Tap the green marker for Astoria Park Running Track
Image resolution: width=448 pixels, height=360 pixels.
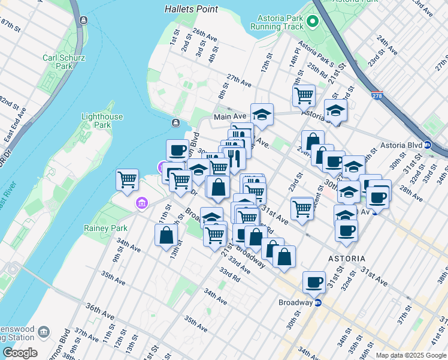click(x=312, y=22)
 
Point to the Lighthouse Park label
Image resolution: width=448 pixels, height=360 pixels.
click(x=102, y=121)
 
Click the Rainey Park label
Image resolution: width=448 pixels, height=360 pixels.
click(x=114, y=228)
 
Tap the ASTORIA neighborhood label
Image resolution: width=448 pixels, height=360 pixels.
click(x=347, y=258)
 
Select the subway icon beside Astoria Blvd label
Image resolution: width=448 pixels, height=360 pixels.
click(x=428, y=145)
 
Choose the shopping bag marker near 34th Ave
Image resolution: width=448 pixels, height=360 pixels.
click(x=167, y=235)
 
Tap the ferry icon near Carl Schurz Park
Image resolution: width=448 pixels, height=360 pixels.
click(x=83, y=21)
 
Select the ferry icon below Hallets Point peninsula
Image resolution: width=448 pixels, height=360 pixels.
click(x=175, y=123)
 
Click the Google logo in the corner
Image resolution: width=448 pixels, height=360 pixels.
click(x=20, y=353)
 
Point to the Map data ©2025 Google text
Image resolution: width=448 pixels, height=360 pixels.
click(x=411, y=355)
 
